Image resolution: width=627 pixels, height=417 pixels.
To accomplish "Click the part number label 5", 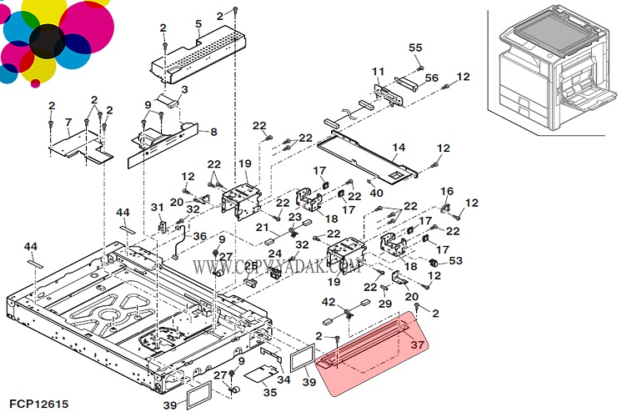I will tap(198, 23).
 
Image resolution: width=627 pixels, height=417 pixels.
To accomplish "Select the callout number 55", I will tap(415, 48).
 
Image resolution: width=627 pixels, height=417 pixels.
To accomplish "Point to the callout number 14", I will tap(399, 148).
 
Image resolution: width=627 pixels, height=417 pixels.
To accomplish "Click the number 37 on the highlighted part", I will tap(418, 344).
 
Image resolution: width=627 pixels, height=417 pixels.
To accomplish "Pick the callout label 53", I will tap(455, 261).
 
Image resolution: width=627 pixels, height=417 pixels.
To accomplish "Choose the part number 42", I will tap(329, 302).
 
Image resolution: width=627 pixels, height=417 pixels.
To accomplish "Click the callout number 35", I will tap(269, 391).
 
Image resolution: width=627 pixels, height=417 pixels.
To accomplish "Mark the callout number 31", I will tap(156, 208).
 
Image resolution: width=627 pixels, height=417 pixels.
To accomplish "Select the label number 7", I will tap(68, 123).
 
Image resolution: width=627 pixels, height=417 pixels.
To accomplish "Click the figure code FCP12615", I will tap(35, 403).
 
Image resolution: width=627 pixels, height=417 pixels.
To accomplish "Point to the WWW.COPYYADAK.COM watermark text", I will tap(278, 267).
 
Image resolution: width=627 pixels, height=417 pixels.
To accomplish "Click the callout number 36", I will tap(200, 237).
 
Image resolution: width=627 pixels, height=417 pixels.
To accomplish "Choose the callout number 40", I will tap(377, 193).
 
